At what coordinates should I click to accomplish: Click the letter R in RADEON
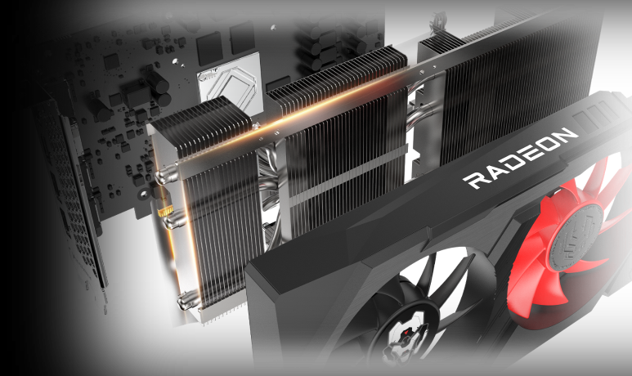coord(473,180)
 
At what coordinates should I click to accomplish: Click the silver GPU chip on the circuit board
coord(227,86)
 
